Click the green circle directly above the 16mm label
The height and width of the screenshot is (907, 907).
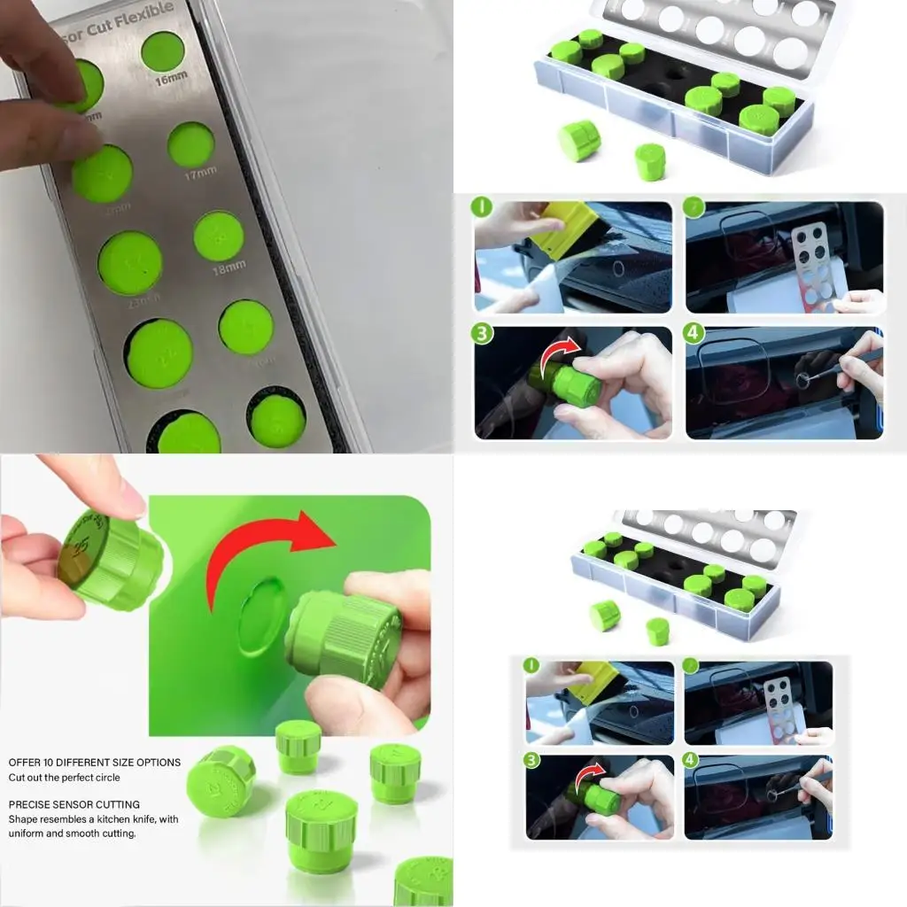point(162,51)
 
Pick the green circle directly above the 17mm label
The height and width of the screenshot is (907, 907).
point(190,144)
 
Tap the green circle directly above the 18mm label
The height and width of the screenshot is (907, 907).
point(219,236)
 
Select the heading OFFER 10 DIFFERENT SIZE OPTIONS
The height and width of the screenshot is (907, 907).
point(95,763)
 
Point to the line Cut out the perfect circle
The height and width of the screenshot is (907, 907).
point(64,778)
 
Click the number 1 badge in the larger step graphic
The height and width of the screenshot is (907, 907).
point(483,209)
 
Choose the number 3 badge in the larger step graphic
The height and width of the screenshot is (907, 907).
point(483,335)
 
